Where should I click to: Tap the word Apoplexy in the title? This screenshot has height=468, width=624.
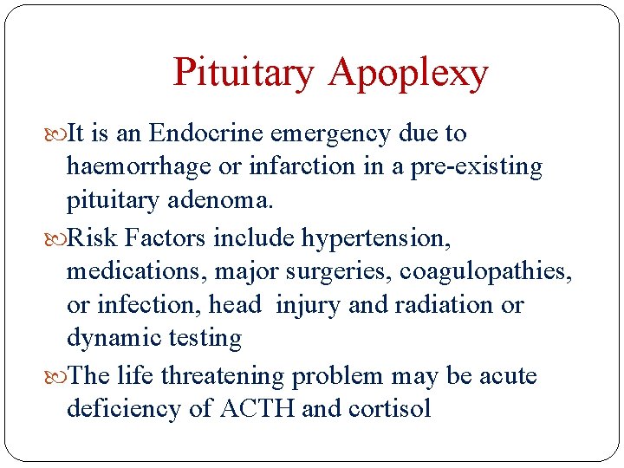tap(408, 75)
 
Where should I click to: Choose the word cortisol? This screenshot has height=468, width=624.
tap(390, 409)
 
